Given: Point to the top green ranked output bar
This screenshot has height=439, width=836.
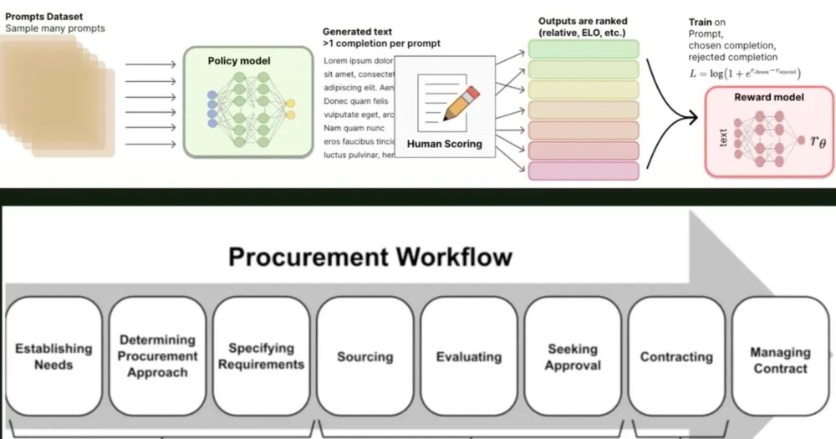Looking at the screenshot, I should pos(583,48).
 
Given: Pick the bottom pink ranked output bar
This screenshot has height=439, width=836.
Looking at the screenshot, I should pos(583,171).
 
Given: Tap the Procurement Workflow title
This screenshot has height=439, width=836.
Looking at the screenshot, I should pos(369,255).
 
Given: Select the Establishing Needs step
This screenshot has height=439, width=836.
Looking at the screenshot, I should pos(54,357).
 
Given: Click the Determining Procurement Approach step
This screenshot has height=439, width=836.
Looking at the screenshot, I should pos(157,356).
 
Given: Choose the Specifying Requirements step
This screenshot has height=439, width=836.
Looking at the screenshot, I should pos(261,356).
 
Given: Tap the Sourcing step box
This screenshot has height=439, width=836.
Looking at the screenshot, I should pos(364,357).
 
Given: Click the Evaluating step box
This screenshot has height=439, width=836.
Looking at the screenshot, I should pos(468,357).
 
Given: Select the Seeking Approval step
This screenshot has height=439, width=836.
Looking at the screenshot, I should pos(573,357).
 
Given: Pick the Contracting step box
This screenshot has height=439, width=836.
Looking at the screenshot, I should pos(675,357).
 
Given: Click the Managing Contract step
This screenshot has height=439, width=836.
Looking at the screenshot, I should pos(779,360).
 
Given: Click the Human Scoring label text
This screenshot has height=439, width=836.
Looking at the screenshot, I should pos(444,144).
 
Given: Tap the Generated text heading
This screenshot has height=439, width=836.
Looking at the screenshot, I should pos(357,32).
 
